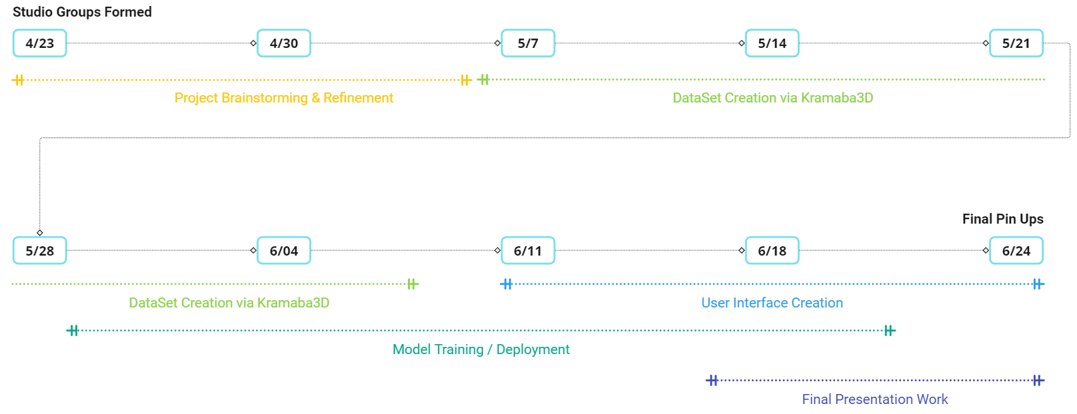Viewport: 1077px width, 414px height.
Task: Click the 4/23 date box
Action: (40, 43)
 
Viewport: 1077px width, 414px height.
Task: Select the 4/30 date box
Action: (284, 43)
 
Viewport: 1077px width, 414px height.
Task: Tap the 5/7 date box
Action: (528, 43)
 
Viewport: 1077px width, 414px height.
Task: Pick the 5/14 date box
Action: (772, 43)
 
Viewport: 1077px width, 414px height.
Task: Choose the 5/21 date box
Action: (1016, 43)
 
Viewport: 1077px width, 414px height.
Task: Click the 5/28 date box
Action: (40, 251)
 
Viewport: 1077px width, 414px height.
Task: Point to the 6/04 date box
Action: (284, 251)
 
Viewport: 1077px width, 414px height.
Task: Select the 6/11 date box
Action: (528, 251)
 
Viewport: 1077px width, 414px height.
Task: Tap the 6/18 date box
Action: (772, 251)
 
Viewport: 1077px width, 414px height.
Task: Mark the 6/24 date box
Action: (1016, 251)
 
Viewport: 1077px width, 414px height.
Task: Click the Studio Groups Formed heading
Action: (82, 12)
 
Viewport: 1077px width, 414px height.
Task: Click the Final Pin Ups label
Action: (1003, 219)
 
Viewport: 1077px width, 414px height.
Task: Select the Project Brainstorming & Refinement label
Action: (284, 98)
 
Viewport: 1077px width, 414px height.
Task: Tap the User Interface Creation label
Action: (772, 303)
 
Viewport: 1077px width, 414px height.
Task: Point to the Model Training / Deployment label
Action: (481, 349)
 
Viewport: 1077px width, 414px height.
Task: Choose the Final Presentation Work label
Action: (875, 399)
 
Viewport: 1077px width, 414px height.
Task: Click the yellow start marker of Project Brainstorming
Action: (18, 80)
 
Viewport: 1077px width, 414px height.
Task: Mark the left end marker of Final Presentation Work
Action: (712, 380)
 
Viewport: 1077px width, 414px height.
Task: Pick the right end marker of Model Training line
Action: (890, 330)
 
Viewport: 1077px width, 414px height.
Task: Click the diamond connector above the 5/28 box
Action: (40, 233)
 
